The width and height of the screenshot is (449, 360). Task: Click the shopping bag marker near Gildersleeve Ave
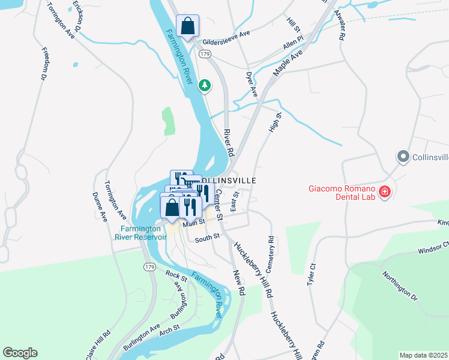(x=187, y=26)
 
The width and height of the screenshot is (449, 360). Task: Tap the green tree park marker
(x=205, y=86)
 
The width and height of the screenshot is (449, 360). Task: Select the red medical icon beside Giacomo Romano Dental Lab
(x=384, y=192)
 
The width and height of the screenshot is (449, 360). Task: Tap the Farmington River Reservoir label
(x=143, y=232)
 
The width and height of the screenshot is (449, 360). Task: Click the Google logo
(x=20, y=353)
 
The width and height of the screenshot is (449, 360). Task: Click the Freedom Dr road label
(x=44, y=64)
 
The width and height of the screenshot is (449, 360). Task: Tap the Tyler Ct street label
(x=312, y=273)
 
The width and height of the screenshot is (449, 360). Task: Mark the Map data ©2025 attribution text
(x=424, y=355)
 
